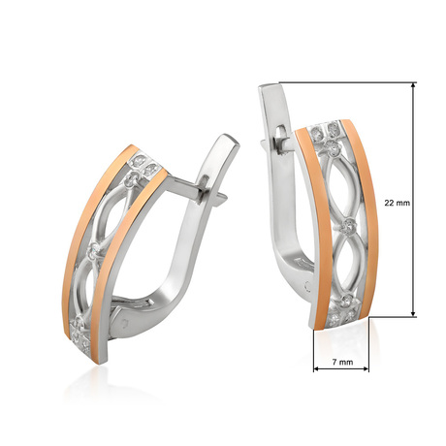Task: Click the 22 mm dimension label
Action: tap(398, 203)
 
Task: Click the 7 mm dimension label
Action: tap(342, 362)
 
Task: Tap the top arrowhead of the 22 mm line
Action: tap(413, 85)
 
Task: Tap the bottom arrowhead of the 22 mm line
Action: tap(413, 313)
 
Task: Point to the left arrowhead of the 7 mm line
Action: tap(316, 368)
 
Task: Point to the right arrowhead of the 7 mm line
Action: tap(366, 368)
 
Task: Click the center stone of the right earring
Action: tap(349, 225)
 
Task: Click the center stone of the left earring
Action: tap(94, 250)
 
